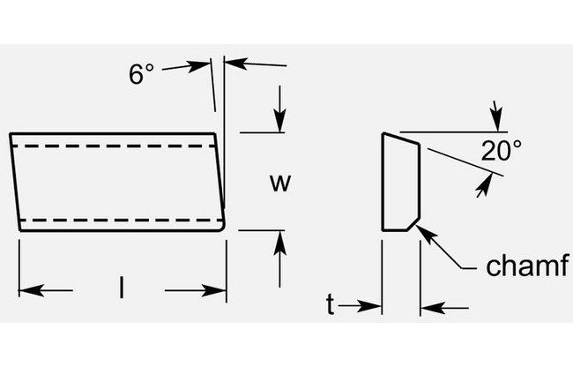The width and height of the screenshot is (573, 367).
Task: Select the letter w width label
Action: pos(279,183)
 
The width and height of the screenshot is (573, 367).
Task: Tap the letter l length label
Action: pos(122,286)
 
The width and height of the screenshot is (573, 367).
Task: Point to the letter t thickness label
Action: pos(330,305)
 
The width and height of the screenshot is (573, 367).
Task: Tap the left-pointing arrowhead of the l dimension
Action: pos(28,289)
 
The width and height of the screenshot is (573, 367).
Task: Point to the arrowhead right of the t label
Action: pos(374,306)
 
